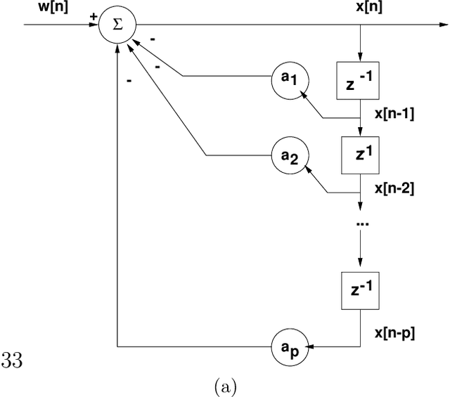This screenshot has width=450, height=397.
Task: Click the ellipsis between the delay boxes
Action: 361,222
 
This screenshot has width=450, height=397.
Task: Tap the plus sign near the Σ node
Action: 94,15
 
